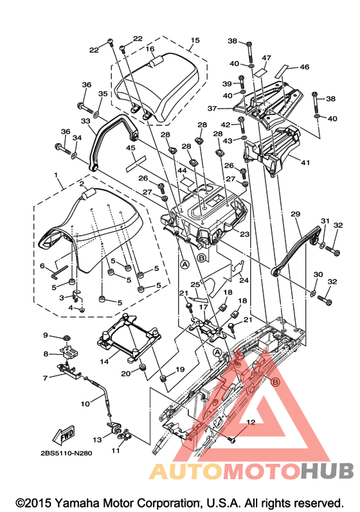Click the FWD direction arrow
pos(64,435)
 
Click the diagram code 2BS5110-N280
pos(66,454)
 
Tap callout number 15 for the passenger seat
pos(195,40)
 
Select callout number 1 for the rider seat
pos(56,175)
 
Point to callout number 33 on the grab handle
pos(85,121)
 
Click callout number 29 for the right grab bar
pos(295,214)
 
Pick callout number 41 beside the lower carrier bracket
pos(305,163)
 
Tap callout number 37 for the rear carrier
pos(212,108)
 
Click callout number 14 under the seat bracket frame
pos(104,362)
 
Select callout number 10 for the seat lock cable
pos(85,404)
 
